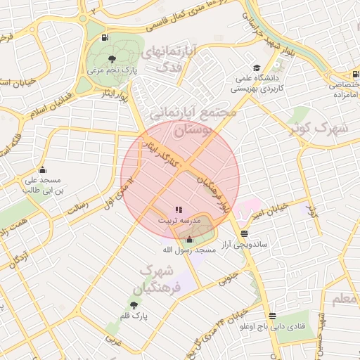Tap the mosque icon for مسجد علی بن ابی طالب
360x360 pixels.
(43, 169)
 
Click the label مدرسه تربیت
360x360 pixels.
(179, 220)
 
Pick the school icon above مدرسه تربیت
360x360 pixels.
(178, 209)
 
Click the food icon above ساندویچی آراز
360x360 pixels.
(243, 233)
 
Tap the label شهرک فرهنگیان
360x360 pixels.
(162, 279)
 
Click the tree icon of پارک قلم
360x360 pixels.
(134, 305)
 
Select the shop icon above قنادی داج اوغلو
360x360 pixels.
(272, 316)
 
